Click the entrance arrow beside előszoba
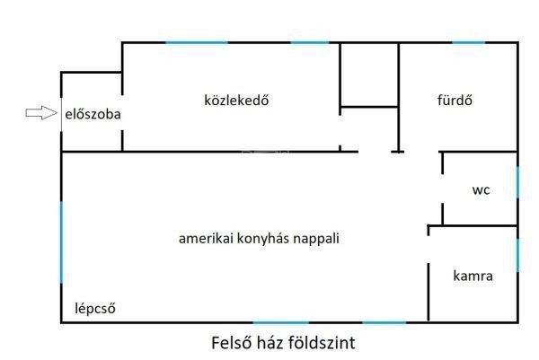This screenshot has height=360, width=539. click(x=41, y=113)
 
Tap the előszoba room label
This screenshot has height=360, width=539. click(x=93, y=114)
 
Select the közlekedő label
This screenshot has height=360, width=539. click(x=236, y=101)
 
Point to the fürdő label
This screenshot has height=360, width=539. click(x=455, y=101)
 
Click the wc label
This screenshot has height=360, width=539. click(x=481, y=190)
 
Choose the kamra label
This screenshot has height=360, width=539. click(x=473, y=276)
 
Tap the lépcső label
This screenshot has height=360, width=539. click(x=95, y=309)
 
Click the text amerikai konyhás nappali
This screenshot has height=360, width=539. click(x=259, y=239)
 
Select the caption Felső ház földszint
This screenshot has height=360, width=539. click(x=283, y=343)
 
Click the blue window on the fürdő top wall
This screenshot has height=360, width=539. click(x=468, y=42)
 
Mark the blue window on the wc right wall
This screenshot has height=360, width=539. click(x=517, y=182)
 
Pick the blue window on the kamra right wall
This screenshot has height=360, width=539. click(x=517, y=255)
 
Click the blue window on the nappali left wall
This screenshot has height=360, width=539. click(x=61, y=242)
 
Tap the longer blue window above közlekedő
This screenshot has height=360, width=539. click(x=197, y=42)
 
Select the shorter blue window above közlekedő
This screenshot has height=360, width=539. click(x=310, y=42)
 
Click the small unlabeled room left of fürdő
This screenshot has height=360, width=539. click(x=369, y=75)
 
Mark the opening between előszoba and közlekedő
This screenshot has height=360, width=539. click(x=122, y=112)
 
